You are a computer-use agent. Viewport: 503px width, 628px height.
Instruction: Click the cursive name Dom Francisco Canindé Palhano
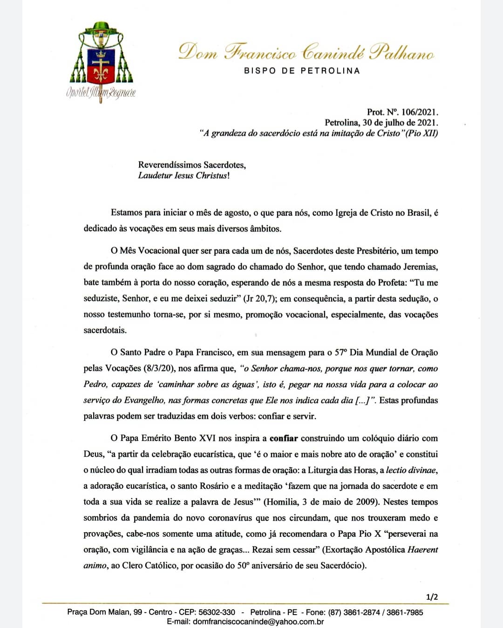pyautogui.click(x=306, y=52)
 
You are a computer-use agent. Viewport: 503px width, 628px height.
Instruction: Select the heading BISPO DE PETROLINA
pyautogui.click(x=302, y=71)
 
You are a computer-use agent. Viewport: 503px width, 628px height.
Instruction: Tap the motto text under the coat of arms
pyautogui.click(x=101, y=92)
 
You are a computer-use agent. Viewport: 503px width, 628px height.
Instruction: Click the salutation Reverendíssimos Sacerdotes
pyautogui.click(x=192, y=165)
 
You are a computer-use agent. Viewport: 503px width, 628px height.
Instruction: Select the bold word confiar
pyautogui.click(x=284, y=438)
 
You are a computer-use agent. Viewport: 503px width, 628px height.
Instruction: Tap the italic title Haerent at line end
pyautogui.click(x=422, y=550)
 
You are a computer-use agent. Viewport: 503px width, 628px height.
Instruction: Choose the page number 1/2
pyautogui.click(x=432, y=597)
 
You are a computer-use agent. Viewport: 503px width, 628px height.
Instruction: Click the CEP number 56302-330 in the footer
pyautogui.click(x=217, y=612)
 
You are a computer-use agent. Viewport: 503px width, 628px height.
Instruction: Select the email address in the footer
pyautogui.click(x=258, y=621)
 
